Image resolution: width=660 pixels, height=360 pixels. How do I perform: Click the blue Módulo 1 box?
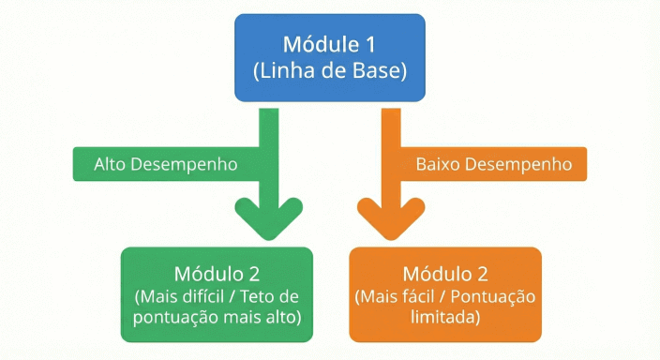tap(330, 56)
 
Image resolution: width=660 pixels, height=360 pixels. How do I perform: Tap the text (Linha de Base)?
tap(330, 70)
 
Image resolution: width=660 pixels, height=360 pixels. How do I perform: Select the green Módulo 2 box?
tap(217, 293)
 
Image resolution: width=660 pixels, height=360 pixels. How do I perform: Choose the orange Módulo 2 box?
tap(445, 293)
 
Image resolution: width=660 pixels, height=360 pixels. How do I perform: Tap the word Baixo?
tap(436, 163)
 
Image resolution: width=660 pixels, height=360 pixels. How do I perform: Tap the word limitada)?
tap(445, 317)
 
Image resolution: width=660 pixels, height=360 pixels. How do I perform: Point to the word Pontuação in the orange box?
tap(498, 296)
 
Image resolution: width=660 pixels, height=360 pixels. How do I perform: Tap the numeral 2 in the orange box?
tap(483, 274)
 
